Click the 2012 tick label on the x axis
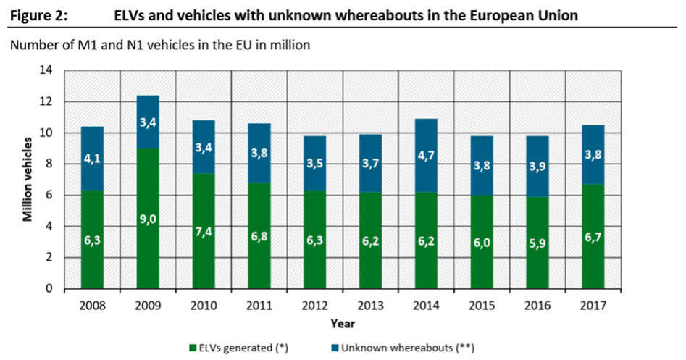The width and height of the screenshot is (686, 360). point(315,306)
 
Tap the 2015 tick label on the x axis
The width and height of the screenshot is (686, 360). point(482,306)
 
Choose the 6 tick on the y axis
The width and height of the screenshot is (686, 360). point(50,196)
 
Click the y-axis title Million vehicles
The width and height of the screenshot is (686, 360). point(27,179)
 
